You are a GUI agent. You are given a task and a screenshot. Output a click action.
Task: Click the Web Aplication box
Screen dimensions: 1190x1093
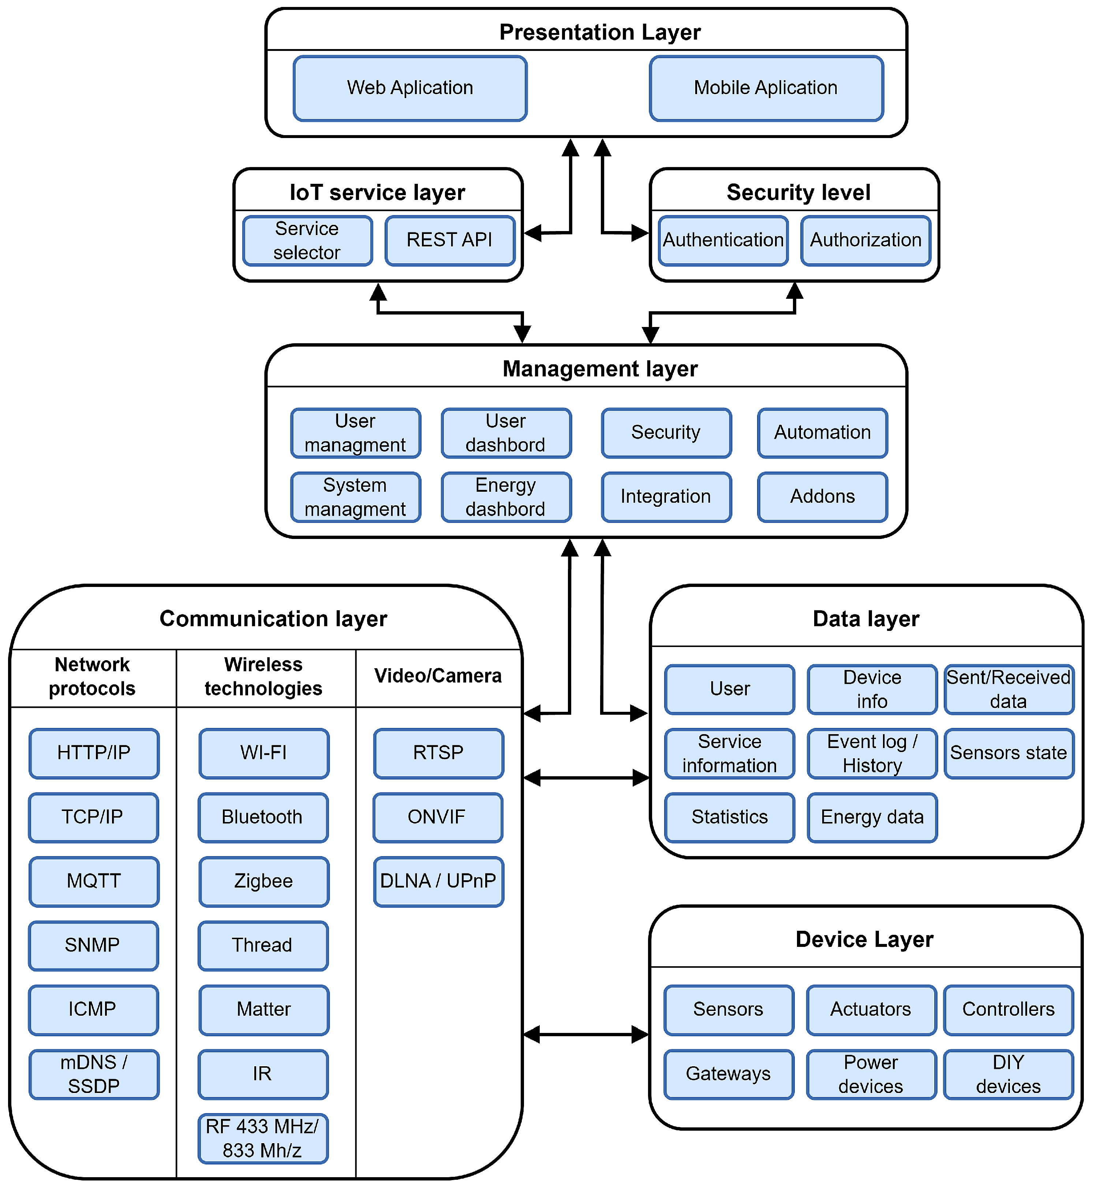[x=410, y=88]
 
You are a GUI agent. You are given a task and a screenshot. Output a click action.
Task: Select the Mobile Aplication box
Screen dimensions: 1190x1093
[x=766, y=88]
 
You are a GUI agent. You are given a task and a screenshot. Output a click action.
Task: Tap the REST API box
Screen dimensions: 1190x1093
[x=449, y=240]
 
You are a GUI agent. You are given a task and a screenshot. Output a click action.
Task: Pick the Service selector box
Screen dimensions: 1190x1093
[x=307, y=240]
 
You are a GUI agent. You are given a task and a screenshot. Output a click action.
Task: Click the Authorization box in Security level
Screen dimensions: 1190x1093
[x=865, y=240]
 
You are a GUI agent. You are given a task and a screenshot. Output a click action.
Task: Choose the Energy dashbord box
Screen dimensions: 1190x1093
[x=506, y=497]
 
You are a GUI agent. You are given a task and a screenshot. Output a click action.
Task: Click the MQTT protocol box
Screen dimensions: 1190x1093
[x=93, y=881]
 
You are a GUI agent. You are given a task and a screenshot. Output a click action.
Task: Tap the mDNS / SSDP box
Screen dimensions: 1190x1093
[x=93, y=1074]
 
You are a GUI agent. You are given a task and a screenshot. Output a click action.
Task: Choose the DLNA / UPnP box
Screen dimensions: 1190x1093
[x=438, y=881]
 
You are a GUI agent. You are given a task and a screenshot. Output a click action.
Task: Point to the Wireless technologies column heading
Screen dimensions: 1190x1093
[x=264, y=676]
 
